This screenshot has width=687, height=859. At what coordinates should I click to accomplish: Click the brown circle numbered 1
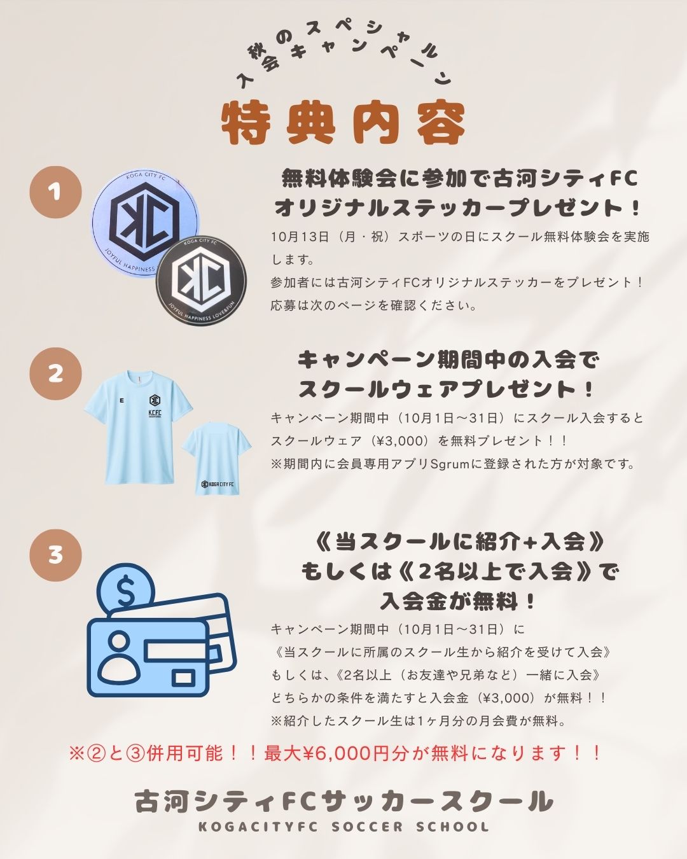pos(55,192)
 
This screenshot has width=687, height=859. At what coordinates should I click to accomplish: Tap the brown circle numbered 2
pos(55,374)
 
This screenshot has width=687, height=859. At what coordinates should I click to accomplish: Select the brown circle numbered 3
pos(55,555)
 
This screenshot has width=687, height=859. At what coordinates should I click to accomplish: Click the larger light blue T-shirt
pos(138,427)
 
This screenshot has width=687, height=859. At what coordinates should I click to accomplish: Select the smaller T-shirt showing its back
pos(217,457)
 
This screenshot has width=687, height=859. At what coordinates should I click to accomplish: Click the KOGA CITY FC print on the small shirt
pos(218,484)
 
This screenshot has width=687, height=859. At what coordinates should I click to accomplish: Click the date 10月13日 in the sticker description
pos(300,237)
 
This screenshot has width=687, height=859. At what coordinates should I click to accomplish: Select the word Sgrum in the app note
pos(450,464)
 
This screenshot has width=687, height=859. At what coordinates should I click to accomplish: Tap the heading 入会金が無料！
pos(458,601)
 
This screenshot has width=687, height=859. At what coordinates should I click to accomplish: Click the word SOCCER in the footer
pos(367,827)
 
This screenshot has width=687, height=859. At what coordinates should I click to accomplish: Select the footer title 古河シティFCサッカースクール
pos(343,800)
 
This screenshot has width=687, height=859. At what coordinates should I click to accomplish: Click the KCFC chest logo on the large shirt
pos(155,407)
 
